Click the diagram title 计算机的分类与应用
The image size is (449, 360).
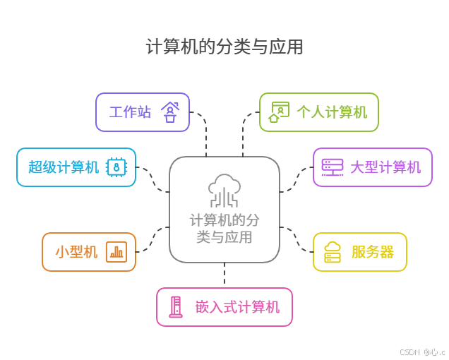(224, 47)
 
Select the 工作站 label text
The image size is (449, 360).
(130, 112)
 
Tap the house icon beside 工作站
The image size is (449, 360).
(170, 112)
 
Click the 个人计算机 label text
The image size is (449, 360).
(332, 112)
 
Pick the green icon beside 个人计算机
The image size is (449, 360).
(279, 112)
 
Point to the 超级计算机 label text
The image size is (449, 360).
(64, 167)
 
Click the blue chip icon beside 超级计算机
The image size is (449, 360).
(116, 167)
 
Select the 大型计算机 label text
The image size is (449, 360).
(385, 167)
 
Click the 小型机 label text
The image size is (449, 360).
(77, 252)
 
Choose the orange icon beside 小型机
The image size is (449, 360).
(116, 252)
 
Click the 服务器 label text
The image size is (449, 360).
(373, 252)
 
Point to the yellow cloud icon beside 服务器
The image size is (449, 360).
(333, 252)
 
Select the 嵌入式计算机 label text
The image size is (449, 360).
(238, 307)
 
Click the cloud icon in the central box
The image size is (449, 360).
(224, 190)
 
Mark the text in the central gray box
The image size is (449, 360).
(224, 229)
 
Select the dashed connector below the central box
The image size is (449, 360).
(224, 275)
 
